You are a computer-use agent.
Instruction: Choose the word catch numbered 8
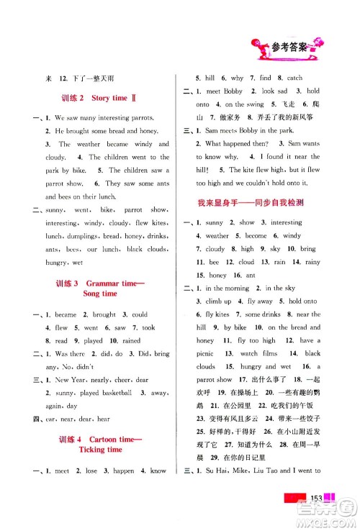pyautogui.click(x=294, y=78)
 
